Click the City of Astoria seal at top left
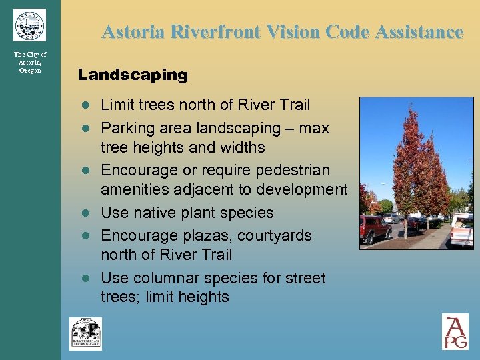(29, 25)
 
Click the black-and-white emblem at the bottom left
(86, 333)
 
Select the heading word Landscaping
(133, 75)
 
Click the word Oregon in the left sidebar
(30, 71)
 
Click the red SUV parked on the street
(375, 229)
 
